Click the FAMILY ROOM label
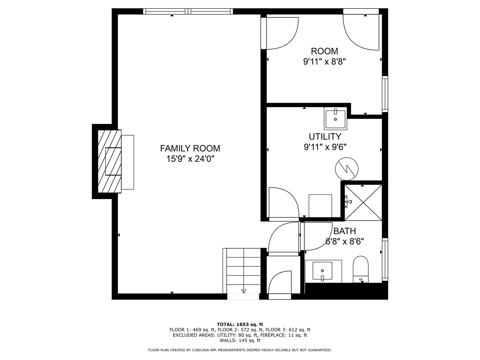tap(190, 148)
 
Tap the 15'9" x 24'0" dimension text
tap(190, 159)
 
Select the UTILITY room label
tap(325, 137)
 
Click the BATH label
tap(345, 231)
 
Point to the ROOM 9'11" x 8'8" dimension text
tap(324, 62)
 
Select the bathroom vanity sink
tap(322, 271)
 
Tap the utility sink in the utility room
tap(335, 118)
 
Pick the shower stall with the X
tap(363, 202)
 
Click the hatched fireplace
tap(109, 161)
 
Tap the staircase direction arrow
tap(243, 291)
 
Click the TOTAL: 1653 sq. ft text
tap(240, 324)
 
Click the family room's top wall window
tap(188, 11)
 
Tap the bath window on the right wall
tap(385, 259)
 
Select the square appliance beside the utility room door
tap(320, 206)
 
